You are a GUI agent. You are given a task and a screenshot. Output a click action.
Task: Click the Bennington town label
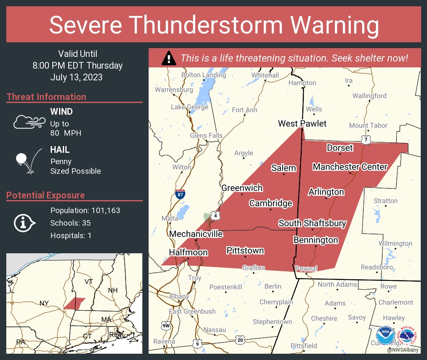coord(316,240)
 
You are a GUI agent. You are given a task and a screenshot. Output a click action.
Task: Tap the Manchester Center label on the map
coord(350,167)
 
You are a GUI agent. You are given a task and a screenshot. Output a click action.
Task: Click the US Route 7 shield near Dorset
coord(366,140)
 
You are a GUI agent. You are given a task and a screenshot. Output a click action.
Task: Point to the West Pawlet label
coord(302,123)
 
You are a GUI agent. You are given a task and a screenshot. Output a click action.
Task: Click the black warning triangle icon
coord(169,58)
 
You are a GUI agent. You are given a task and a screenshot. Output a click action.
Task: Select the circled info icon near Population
coord(26,223)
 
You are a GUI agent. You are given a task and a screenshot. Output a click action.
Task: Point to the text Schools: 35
coord(70,223)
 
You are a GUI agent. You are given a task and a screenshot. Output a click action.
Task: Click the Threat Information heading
coord(46,97)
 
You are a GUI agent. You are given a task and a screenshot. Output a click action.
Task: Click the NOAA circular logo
coord(385,335)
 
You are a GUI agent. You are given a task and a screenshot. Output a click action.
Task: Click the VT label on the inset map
coord(88,282)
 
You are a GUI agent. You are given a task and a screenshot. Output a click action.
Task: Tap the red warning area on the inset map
coord(75,303)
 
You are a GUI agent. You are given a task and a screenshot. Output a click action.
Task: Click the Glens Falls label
coord(206,136)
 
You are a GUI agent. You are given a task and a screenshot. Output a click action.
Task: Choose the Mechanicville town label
coord(196,234)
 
